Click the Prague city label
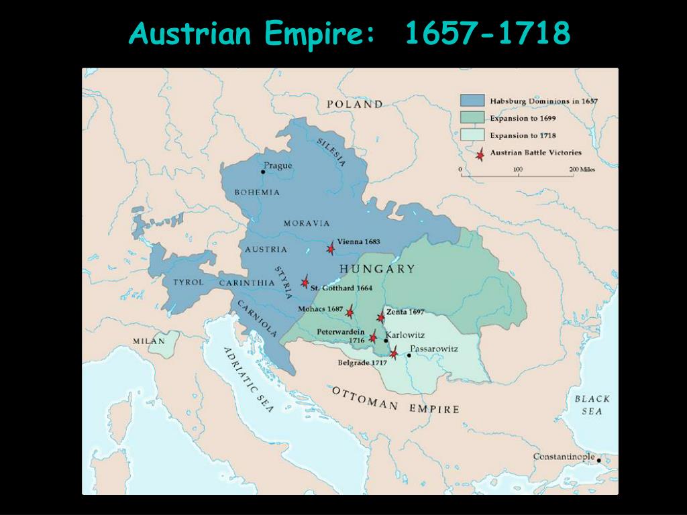click(x=278, y=166)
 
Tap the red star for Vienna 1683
click(x=331, y=249)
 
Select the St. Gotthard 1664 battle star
click(x=305, y=282)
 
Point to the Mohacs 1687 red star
click(x=350, y=312)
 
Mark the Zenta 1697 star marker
click(x=381, y=317)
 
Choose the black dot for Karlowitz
click(x=386, y=341)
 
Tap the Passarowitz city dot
click(x=409, y=355)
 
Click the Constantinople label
click(x=564, y=457)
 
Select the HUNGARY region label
click(x=377, y=269)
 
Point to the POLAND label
click(x=355, y=104)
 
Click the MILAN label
click(x=148, y=341)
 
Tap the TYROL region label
click(x=188, y=282)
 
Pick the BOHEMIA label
click(x=257, y=192)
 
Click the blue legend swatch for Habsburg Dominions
click(x=472, y=101)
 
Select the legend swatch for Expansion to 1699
click(x=472, y=118)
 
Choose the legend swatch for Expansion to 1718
click(x=472, y=135)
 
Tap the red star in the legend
click(x=479, y=154)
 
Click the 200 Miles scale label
click(x=582, y=169)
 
